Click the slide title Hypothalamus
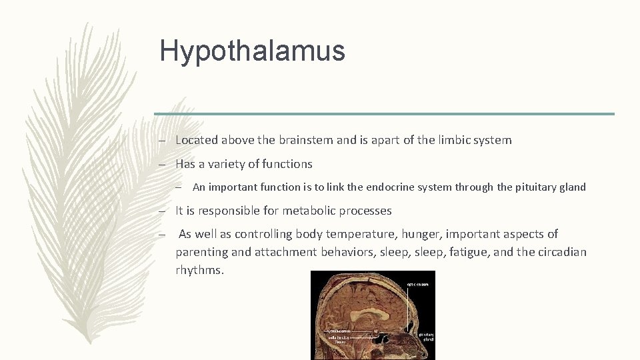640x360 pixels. (252, 51)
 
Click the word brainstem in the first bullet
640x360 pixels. (299, 140)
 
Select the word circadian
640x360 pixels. (559, 253)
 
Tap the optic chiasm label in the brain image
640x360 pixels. (419, 284)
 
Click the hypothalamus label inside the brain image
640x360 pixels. (339, 330)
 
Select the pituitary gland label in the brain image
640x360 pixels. (427, 337)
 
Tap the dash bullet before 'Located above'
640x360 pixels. (162, 141)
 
